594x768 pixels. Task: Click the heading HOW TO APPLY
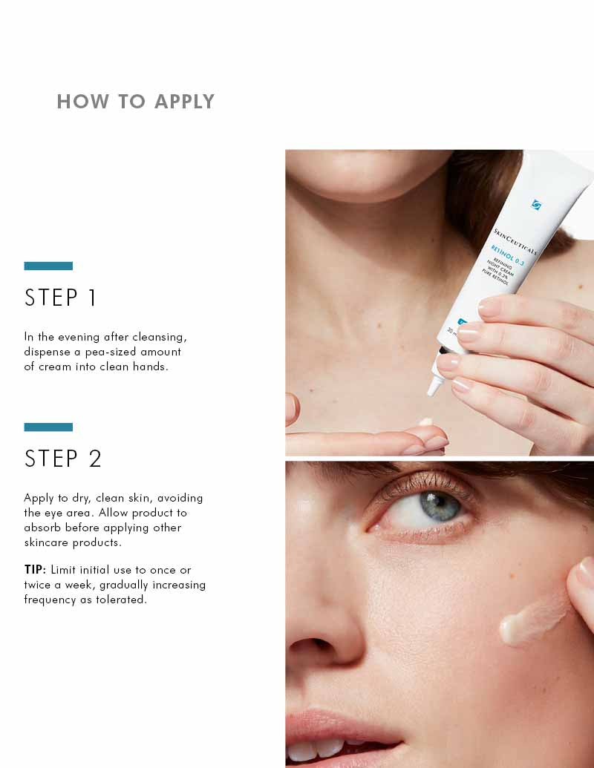[135, 102]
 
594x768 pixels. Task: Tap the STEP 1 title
[61, 298]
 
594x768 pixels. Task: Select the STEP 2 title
[63, 459]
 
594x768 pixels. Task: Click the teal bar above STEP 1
[48, 266]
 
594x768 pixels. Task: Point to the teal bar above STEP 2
[48, 427]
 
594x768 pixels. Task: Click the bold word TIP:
[36, 570]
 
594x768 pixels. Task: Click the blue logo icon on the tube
[537, 204]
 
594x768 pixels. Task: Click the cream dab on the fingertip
[425, 422]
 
